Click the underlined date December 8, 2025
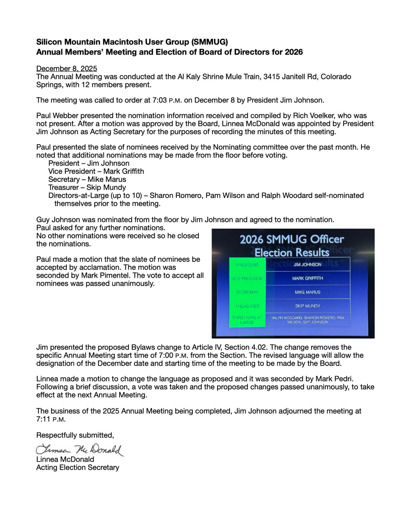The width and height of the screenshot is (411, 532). (x=66, y=69)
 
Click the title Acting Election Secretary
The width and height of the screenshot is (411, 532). (x=77, y=467)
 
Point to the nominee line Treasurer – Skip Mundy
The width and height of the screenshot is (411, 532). (x=87, y=187)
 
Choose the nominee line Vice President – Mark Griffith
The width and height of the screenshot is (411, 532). (x=96, y=171)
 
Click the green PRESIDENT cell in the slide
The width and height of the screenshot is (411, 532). (x=247, y=264)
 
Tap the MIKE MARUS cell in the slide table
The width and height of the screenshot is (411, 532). (x=308, y=292)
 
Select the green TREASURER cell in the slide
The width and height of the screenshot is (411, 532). (x=247, y=306)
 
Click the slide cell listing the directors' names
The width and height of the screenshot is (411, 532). (x=308, y=320)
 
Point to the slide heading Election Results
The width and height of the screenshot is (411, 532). (x=292, y=252)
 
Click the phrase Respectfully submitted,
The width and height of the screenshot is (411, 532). (x=75, y=435)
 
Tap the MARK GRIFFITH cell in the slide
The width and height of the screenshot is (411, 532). (x=308, y=278)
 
